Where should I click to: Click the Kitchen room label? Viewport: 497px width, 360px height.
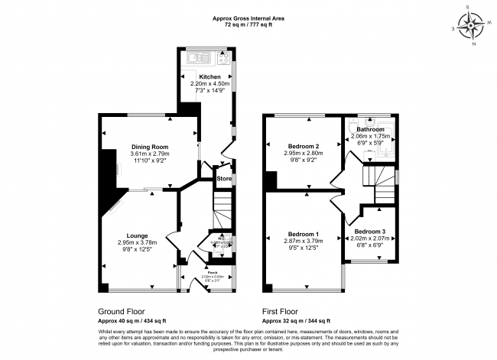[210, 77]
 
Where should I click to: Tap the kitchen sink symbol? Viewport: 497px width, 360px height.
[196, 57]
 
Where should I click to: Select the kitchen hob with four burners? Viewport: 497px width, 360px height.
[225, 57]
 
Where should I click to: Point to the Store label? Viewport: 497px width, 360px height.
[224, 179]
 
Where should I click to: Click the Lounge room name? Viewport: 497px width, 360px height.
[138, 235]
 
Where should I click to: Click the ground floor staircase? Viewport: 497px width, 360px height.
[222, 206]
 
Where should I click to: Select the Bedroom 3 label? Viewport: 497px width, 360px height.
[369, 231]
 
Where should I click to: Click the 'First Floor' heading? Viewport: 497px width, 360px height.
[281, 312]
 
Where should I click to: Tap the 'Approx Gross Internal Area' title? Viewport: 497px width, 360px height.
[249, 18]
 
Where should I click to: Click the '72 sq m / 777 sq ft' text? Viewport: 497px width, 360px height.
[249, 25]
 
